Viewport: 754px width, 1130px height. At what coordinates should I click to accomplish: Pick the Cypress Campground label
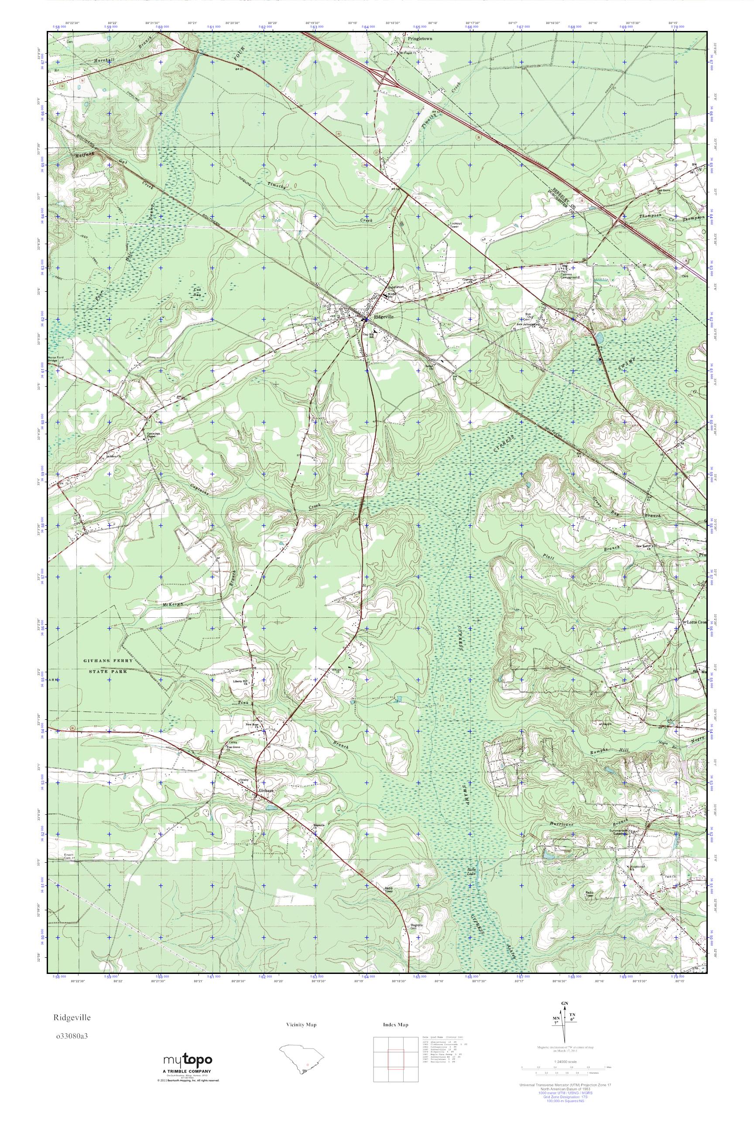coord(569,275)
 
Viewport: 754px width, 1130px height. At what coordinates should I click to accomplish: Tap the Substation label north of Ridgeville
coord(398,287)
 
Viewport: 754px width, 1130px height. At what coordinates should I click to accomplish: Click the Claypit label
coord(605,723)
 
